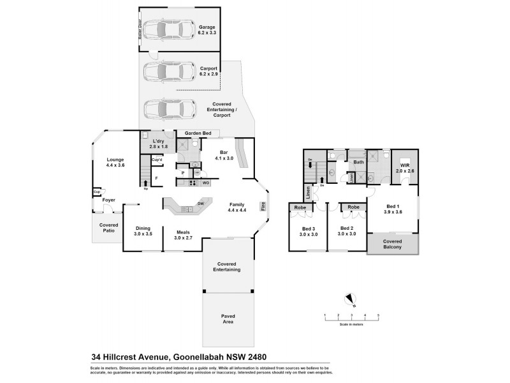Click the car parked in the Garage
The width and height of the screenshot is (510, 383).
point(169,30)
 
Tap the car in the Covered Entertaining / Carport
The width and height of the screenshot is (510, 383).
point(169,109)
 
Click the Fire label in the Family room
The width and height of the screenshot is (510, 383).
point(262,206)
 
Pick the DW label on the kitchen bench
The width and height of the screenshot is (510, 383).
point(201,204)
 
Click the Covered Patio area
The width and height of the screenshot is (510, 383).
point(108,228)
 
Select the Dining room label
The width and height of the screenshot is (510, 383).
point(143,231)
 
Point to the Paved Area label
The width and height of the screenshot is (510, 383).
point(228,319)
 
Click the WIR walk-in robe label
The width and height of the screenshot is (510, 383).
point(405,168)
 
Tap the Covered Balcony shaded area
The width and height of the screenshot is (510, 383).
point(392,244)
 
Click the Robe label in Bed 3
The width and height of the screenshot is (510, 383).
point(301,207)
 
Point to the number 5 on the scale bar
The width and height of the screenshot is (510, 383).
point(378,315)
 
